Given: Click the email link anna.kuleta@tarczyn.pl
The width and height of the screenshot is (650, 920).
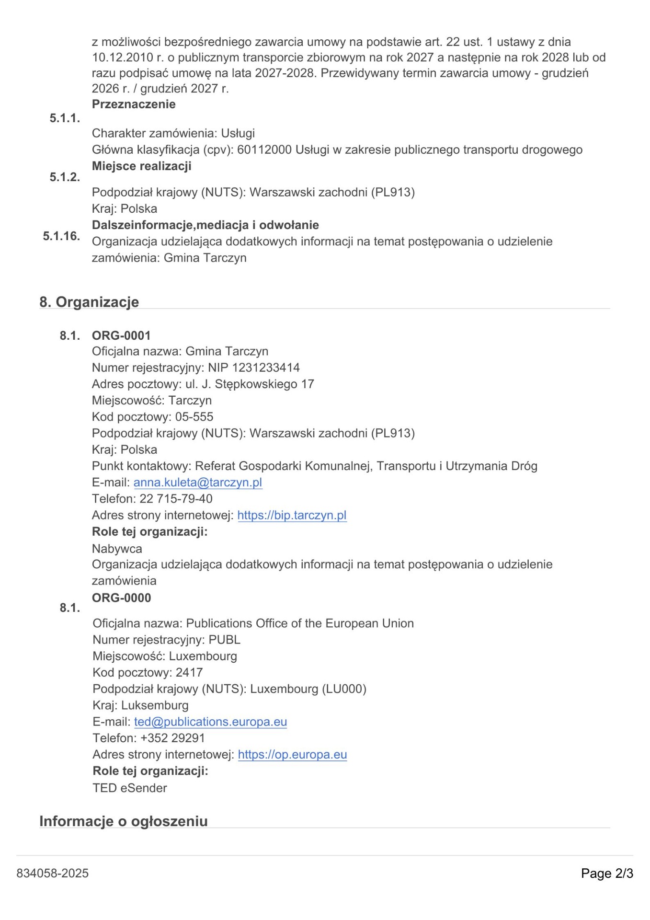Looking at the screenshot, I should (197, 483).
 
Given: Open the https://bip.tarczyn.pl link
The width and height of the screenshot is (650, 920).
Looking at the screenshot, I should (292, 515).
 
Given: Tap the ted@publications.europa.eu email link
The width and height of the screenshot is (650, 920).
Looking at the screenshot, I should (210, 722).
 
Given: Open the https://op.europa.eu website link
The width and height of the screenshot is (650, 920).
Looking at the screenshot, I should (292, 754).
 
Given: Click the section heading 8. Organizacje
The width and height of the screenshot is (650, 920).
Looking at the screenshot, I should (89, 302).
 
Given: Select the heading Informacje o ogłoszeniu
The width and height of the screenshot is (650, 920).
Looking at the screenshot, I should (124, 821).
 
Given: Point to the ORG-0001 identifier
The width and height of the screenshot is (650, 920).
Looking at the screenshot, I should (121, 335).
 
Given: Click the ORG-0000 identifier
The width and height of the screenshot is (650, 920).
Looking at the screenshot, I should (121, 598).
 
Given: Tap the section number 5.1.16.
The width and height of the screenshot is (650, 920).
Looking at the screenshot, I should (61, 236).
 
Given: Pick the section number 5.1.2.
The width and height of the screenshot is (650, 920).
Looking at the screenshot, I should (65, 177).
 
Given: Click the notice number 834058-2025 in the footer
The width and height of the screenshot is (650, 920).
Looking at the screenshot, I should (53, 873).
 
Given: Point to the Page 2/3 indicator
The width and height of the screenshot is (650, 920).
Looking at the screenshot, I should (607, 873).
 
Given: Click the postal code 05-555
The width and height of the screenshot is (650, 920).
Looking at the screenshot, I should (194, 417).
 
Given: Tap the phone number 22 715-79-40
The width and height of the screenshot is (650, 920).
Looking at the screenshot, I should (176, 499).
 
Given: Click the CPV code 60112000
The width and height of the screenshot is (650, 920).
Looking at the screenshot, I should (264, 150).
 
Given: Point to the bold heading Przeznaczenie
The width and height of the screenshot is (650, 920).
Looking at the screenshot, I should (134, 104).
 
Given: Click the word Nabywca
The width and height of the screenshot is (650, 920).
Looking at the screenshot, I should (117, 549).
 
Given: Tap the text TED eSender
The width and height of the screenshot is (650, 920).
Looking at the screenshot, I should (130, 788).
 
